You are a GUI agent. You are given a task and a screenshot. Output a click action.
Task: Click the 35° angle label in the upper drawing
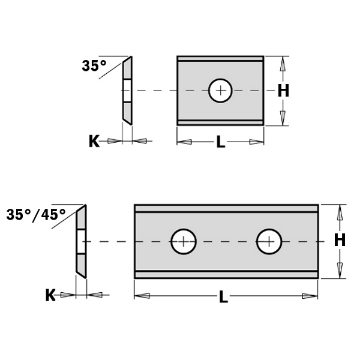pyautogui.click(x=94, y=66)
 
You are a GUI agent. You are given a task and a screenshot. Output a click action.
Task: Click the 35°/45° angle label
pyautogui.click(x=36, y=214)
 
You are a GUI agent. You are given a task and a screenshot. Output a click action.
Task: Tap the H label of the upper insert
pyautogui.click(x=283, y=91)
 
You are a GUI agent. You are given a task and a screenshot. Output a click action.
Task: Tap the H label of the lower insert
pyautogui.click(x=340, y=241)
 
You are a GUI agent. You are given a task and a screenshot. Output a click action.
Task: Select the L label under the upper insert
pyautogui.click(x=221, y=143)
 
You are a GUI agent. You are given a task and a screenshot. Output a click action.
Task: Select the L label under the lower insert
pyautogui.click(x=223, y=297)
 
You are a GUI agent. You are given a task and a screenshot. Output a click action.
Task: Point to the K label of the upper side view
pyautogui.click(x=94, y=141)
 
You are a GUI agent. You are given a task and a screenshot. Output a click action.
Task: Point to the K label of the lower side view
pyautogui.click(x=50, y=295)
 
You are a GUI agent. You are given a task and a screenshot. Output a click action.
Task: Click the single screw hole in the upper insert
pyautogui.click(x=221, y=91)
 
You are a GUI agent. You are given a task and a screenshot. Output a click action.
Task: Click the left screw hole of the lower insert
pyautogui.click(x=184, y=242)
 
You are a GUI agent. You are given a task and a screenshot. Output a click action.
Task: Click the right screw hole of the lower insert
pyautogui.click(x=269, y=242)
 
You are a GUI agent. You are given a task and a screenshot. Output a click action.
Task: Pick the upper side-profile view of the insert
pyautogui.click(x=127, y=90)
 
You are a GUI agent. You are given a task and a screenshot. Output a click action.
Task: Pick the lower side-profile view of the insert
pyautogui.click(x=81, y=241)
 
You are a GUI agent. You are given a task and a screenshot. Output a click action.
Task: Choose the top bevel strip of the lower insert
pyautogui.click(x=226, y=208)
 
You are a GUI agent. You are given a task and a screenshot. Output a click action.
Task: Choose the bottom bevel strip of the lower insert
pyautogui.click(x=226, y=275)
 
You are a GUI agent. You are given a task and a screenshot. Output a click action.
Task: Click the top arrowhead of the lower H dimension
pyautogui.click(x=340, y=211)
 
